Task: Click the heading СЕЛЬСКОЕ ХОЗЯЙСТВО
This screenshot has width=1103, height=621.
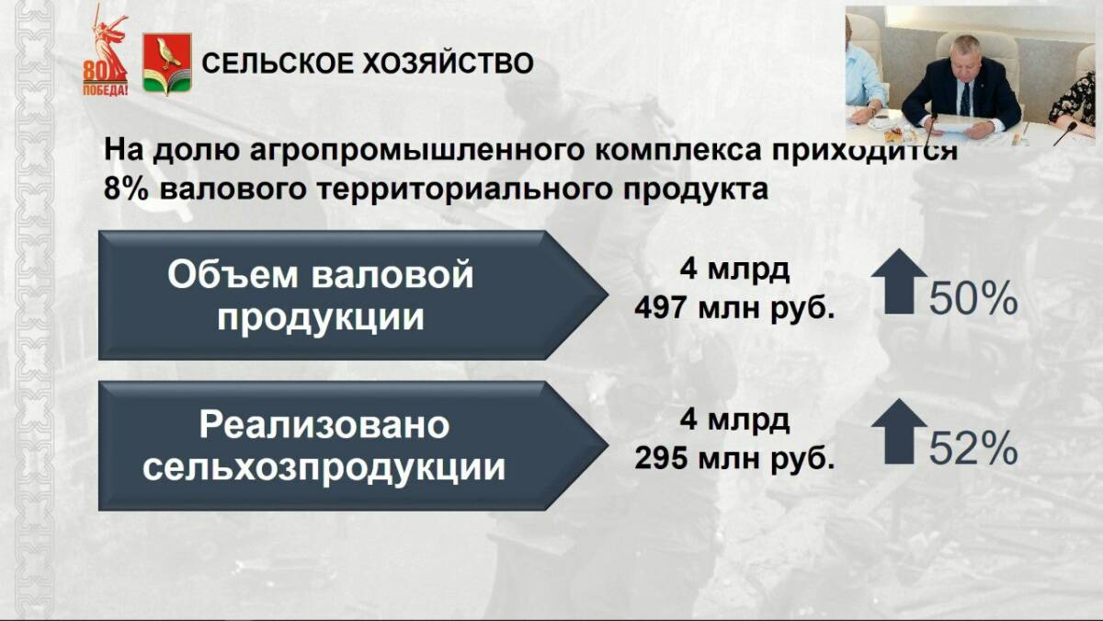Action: coord(368,63)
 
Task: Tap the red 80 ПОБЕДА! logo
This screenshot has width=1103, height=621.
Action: coord(107,52)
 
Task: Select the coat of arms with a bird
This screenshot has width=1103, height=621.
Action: coord(167,63)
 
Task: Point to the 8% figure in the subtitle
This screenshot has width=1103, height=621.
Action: coord(126,190)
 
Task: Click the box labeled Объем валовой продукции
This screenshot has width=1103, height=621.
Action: coord(353,295)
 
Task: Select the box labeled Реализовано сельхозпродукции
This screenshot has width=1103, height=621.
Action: coord(353,445)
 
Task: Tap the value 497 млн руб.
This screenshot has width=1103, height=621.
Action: coord(734,310)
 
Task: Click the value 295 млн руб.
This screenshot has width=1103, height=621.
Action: coord(734,459)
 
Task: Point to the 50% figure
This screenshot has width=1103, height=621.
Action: coord(973,298)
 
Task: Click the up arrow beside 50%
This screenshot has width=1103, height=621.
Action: coord(899,282)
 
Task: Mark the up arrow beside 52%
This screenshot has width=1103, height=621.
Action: coord(899,431)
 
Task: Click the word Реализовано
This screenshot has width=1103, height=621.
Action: coord(324,427)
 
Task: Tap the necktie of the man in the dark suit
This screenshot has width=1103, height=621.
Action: coord(965,98)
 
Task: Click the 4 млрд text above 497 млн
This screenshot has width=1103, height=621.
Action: coord(734,270)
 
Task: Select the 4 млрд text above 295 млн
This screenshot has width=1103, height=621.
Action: coord(734,420)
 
